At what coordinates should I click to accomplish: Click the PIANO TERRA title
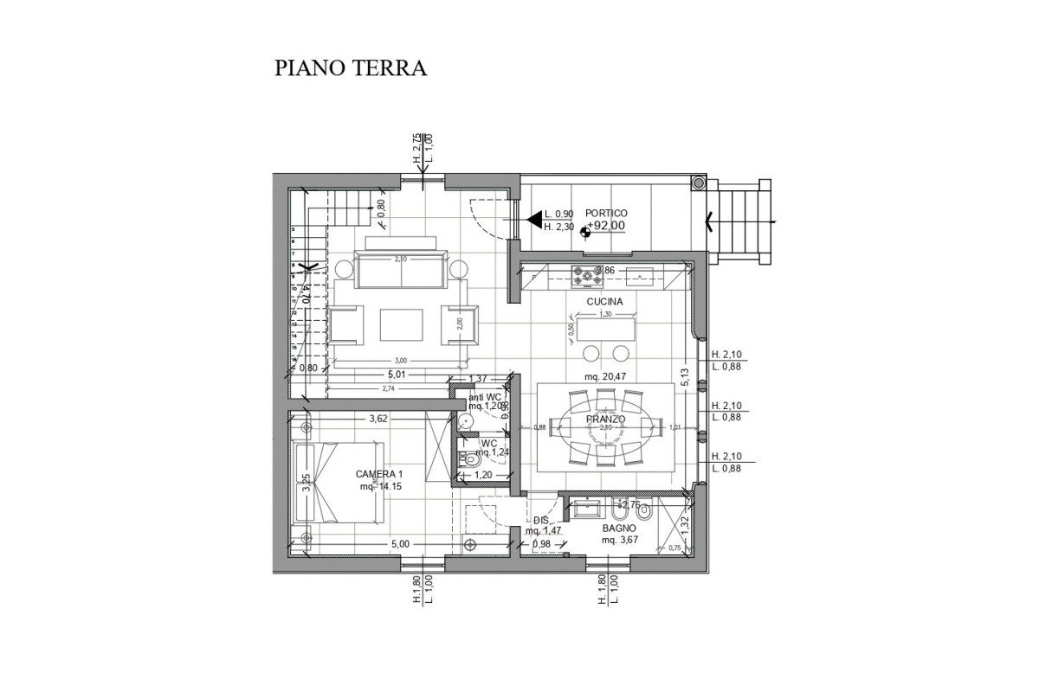pos(351,68)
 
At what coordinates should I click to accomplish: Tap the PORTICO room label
pos(606,213)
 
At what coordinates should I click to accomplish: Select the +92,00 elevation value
pos(606,227)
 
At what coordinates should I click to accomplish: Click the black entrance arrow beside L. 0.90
pos(535,219)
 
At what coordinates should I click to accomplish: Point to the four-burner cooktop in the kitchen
pos(588,276)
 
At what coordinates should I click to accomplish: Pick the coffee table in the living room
pos(402,325)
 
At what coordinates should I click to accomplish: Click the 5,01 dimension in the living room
pos(397,375)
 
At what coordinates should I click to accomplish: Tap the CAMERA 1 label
pos(379,475)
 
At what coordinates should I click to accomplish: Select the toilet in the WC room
pos(471,463)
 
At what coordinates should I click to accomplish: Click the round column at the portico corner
pos(698,183)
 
